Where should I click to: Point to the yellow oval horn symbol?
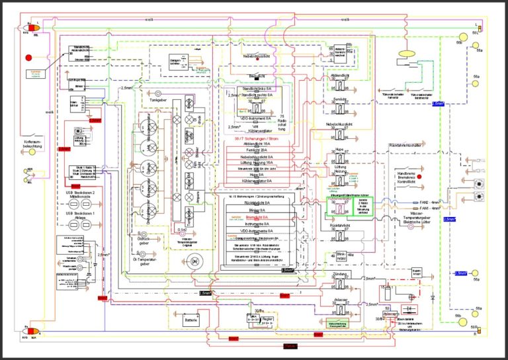pos(405,54)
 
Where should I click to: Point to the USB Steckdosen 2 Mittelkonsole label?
pos(86,195)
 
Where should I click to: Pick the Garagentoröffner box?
pos(177,62)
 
